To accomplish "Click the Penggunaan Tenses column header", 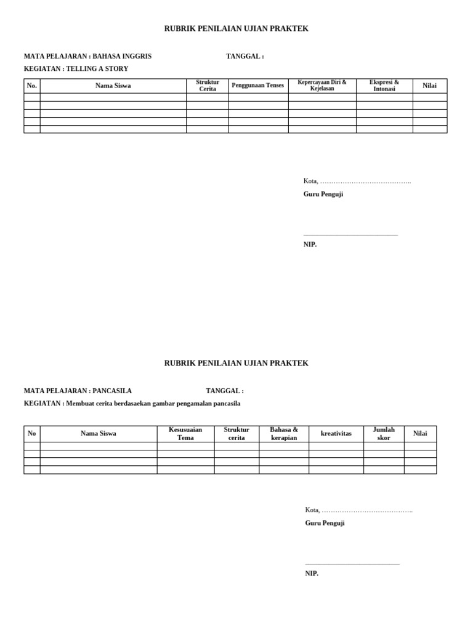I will [258, 86].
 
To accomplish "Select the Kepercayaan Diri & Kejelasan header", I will [322, 86].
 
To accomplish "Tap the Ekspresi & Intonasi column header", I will [384, 86].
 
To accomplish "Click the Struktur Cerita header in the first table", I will [208, 86].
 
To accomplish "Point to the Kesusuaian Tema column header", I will [185, 434].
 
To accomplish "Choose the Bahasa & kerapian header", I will [284, 434].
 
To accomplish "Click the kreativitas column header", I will [336, 434].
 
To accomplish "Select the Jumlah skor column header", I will [384, 434].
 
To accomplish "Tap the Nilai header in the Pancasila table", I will [420, 434].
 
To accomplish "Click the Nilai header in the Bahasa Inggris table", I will [429, 86].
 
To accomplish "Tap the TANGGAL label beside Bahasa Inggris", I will [245, 56].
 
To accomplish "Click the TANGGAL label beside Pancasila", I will [224, 391].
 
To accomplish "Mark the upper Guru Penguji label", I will [323, 194].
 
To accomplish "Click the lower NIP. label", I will [312, 574].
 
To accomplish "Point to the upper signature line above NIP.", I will [350, 235].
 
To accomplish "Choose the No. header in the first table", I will [32, 86].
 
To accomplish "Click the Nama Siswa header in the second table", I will [99, 434].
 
